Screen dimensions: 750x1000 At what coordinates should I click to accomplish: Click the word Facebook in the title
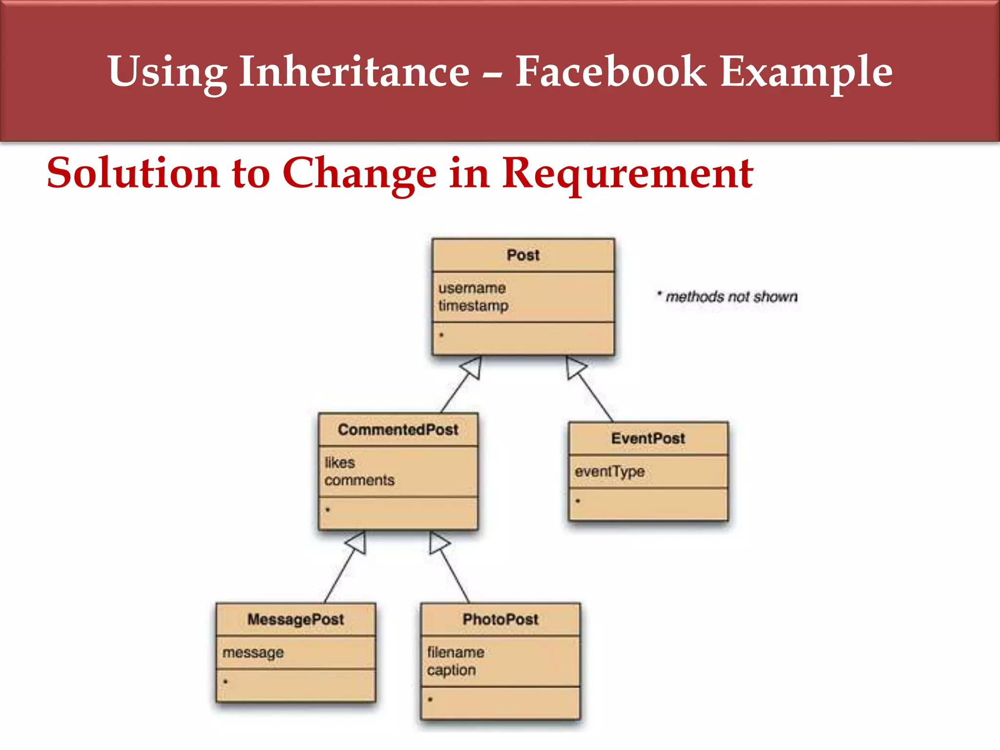click(610, 72)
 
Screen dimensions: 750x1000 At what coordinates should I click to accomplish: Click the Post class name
click(523, 255)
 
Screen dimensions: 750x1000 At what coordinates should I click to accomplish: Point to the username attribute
click(472, 288)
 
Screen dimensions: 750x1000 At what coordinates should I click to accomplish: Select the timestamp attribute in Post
click(473, 306)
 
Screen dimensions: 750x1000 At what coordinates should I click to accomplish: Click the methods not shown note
click(728, 296)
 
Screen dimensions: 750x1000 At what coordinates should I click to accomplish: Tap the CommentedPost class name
click(398, 430)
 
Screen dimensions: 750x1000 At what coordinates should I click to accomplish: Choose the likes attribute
click(340, 462)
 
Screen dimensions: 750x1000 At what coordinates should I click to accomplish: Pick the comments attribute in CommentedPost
click(359, 480)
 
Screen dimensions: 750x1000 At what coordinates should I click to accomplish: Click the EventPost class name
click(648, 438)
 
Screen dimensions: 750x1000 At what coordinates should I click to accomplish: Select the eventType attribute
click(609, 472)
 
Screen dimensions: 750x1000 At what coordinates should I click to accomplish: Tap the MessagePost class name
click(295, 620)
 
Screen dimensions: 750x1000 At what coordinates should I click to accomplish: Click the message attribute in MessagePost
click(253, 653)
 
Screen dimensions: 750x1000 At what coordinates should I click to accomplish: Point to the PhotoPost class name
click(500, 620)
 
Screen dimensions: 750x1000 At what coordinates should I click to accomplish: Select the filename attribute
click(456, 652)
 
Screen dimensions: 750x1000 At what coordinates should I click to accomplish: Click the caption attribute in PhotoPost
click(451, 670)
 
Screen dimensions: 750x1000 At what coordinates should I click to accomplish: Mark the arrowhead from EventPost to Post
click(575, 367)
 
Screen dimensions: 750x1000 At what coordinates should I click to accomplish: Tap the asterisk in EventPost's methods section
click(578, 501)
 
